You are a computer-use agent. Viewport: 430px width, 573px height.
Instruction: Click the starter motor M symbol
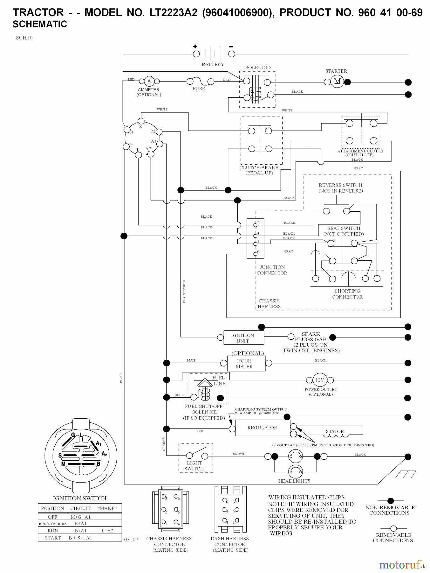click(337, 81)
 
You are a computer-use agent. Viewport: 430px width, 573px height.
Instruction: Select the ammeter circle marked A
click(149, 81)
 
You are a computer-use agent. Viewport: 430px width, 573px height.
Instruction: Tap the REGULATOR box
click(263, 428)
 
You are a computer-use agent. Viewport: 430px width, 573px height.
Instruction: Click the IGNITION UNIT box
click(243, 338)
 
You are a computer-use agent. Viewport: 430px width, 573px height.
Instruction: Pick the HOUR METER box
click(246, 364)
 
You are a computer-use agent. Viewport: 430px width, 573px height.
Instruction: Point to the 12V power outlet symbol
click(320, 380)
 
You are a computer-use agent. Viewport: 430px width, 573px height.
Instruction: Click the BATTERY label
click(213, 64)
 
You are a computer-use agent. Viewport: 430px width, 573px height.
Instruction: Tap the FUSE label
click(199, 89)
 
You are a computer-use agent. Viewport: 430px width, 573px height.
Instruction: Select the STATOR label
click(335, 431)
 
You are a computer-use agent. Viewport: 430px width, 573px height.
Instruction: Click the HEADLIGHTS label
click(294, 481)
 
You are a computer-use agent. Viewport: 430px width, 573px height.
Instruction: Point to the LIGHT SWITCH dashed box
click(195, 458)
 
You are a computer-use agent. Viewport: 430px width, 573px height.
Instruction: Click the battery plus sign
click(195, 46)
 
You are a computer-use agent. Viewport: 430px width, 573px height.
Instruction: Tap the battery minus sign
click(231, 47)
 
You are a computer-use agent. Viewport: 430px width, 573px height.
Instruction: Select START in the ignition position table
click(53, 538)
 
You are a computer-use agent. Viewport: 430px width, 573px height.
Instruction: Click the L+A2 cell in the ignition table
click(107, 531)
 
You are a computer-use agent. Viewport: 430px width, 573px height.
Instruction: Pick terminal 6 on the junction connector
click(255, 254)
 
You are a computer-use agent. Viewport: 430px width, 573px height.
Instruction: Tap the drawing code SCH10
click(24, 38)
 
